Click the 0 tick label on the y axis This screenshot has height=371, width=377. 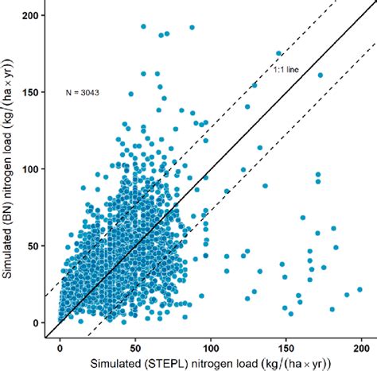[35, 323]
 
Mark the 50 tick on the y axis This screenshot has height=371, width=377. [33, 246]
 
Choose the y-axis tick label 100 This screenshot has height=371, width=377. [30, 170]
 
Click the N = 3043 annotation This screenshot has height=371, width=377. [82, 92]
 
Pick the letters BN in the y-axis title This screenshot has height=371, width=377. [10, 189]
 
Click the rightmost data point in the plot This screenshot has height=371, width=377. [360, 290]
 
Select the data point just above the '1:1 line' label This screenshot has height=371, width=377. [279, 53]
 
